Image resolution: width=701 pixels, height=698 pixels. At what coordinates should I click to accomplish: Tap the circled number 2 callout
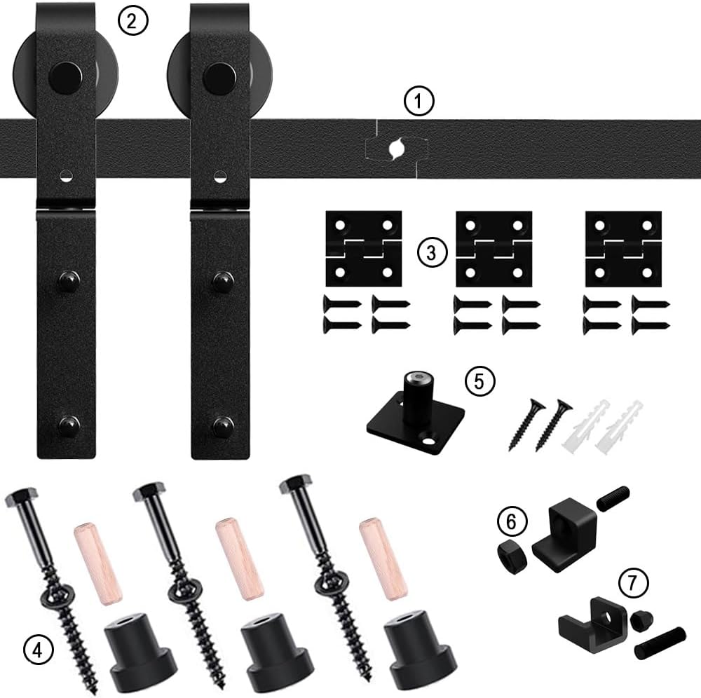click(133, 21)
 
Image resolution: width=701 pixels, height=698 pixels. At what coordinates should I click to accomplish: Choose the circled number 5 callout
click(480, 382)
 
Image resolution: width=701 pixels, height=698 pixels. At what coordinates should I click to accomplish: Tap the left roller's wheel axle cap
click(66, 72)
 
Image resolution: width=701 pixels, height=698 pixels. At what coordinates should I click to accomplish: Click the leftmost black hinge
click(363, 249)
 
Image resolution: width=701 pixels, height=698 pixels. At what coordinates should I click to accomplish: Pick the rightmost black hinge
click(623, 249)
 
